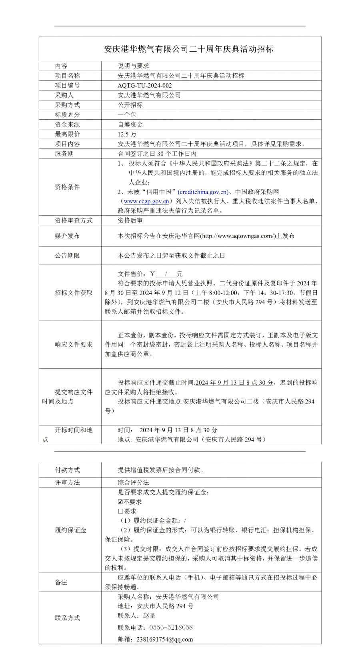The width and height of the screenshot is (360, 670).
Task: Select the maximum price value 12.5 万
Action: point(127,134)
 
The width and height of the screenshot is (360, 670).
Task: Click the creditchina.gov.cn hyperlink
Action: point(203,192)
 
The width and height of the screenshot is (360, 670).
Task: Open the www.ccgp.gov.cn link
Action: point(146,201)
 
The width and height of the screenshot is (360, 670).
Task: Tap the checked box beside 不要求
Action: point(120,502)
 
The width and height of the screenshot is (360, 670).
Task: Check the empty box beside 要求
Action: point(120,511)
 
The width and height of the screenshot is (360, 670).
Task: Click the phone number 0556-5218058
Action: point(171,627)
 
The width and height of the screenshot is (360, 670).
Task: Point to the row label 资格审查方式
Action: point(74,221)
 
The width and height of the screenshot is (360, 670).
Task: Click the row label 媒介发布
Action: point(67,236)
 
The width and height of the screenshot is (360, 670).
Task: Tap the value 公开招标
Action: point(130,105)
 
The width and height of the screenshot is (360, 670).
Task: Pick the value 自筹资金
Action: point(130,124)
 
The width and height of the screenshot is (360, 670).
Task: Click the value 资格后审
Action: point(130,221)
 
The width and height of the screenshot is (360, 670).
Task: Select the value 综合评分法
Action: point(133,483)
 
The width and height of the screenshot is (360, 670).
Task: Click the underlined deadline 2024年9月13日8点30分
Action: point(234,383)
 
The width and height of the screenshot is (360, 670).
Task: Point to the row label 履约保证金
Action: point(70,530)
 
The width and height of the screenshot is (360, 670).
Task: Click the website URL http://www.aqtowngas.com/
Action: point(238,236)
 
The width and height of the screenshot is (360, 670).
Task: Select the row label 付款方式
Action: point(67,470)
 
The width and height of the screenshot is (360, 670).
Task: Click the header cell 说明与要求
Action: point(133,66)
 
